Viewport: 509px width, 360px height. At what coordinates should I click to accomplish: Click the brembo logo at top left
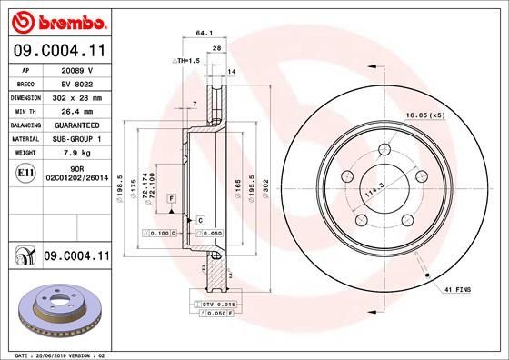57,20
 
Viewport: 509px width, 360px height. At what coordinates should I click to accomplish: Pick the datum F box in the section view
169,197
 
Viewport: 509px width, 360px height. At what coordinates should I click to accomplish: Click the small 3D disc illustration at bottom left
56,311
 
